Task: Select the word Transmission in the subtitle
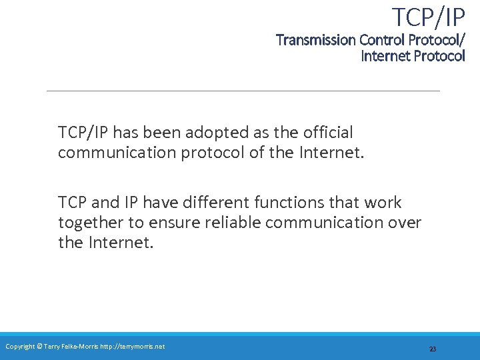(x=316, y=40)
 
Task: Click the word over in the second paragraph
(x=404, y=222)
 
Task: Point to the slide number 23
(x=433, y=349)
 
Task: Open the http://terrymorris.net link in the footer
(x=132, y=346)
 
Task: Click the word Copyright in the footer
(x=20, y=346)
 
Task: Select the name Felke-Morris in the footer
(x=80, y=346)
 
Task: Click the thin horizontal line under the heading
(x=243, y=91)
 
